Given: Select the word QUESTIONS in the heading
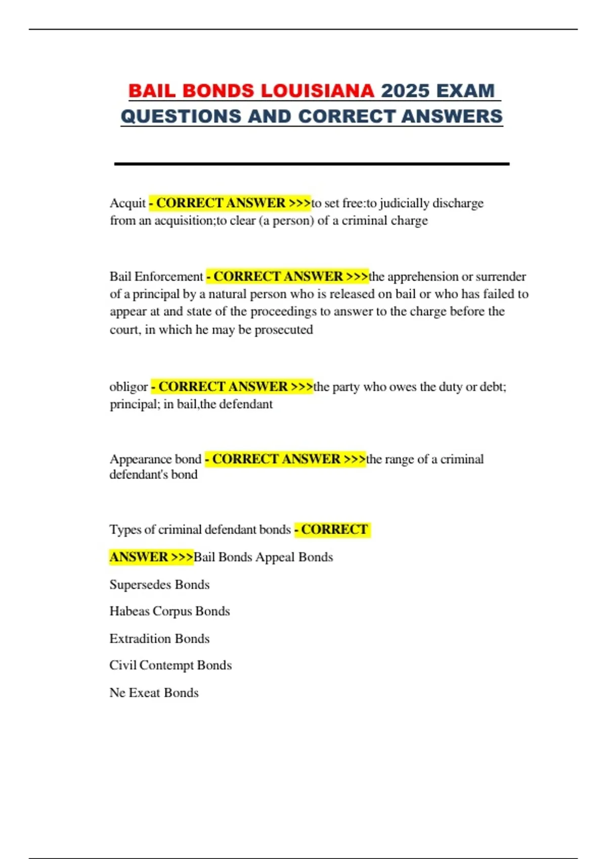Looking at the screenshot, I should coord(181,116).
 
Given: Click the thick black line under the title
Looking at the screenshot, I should coord(312,164).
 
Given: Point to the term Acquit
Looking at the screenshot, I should coord(127,203).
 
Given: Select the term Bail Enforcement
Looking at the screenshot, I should coord(156,276).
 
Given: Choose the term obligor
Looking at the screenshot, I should coord(128,387).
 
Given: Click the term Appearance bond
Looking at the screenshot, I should coord(155,459).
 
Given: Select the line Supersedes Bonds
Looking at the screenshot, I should coord(159,585).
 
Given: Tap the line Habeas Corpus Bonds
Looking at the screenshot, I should coord(169,611).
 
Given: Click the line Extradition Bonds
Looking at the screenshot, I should coord(159,639).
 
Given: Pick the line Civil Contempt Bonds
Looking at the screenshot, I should coord(170,665).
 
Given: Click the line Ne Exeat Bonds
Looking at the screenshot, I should coord(154,693).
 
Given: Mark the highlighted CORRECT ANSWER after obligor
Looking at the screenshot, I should coord(232,387).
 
